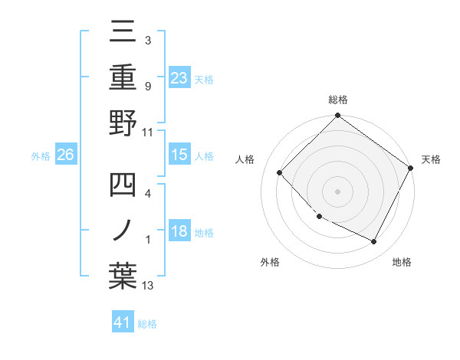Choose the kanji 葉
(123, 275)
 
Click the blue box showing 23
(179, 78)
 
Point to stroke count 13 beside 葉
(148, 286)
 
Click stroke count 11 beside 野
(148, 133)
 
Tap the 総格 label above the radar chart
(338, 100)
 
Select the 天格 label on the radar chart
(431, 159)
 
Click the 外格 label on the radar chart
(270, 263)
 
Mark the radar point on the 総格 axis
(338, 116)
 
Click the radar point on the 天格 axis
(410, 168)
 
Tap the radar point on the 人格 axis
(280, 172)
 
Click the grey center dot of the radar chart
(338, 191)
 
